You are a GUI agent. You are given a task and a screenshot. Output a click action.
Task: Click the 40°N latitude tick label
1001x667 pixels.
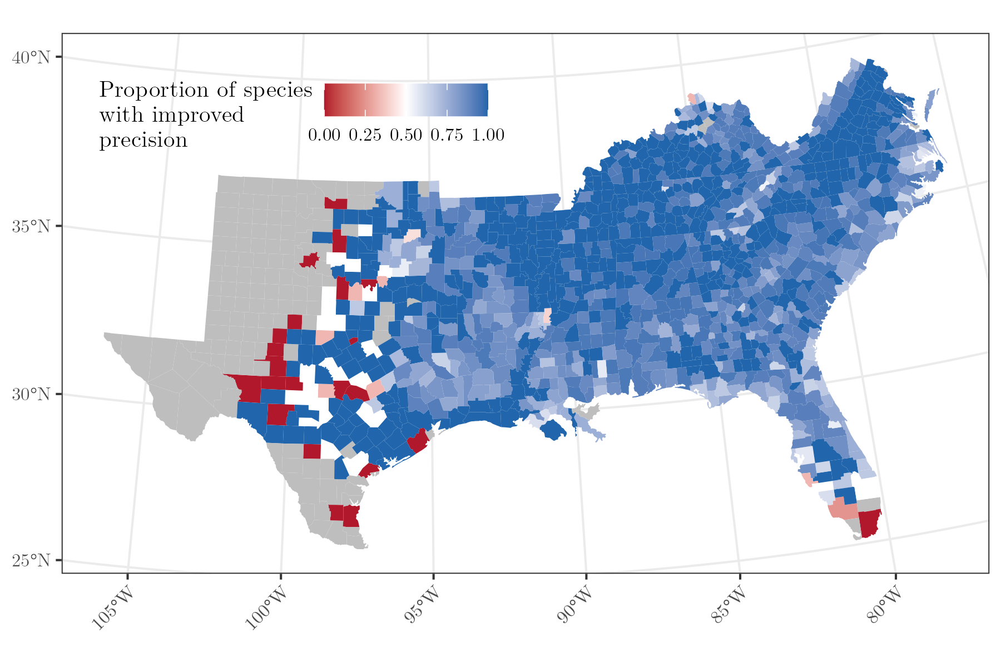pos(31,57)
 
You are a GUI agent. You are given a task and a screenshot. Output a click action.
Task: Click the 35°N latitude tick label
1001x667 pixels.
pos(31,227)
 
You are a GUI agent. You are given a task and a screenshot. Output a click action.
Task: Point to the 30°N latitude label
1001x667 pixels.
pos(31,395)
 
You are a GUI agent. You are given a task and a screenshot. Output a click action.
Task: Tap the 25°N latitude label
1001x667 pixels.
pos(31,560)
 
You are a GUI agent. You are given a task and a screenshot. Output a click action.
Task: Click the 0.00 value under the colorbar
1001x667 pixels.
pos(324,135)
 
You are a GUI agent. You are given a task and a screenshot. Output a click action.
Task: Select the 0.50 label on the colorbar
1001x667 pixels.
pos(405,135)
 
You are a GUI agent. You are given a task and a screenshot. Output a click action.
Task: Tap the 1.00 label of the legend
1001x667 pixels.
pos(488,135)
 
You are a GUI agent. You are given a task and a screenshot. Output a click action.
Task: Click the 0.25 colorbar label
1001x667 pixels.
pos(365,135)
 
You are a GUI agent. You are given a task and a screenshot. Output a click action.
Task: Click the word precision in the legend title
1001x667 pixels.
pos(143,140)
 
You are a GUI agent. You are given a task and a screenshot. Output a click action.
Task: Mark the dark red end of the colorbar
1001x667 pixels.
pos(328,100)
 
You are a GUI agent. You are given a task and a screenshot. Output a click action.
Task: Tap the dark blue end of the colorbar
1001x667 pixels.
pos(484,100)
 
